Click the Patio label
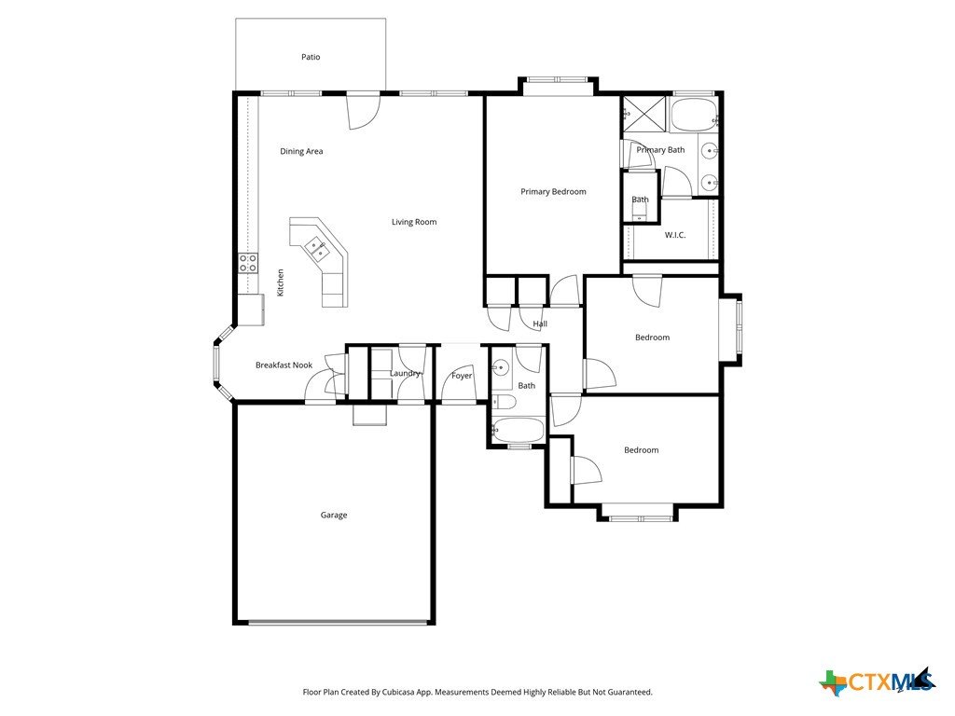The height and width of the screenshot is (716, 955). (311, 57)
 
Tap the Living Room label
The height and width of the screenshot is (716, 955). (414, 222)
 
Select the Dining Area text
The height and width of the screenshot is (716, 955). (301, 152)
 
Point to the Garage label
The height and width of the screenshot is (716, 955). (334, 515)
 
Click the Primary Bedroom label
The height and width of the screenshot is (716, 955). (554, 192)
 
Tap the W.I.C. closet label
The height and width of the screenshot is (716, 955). (675, 235)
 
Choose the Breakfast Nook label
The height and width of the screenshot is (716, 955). (284, 365)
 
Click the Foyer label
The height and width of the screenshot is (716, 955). (462, 377)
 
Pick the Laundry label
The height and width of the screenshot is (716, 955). (405, 373)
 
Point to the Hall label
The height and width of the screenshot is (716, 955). (540, 324)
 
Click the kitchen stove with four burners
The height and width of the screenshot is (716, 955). (248, 263)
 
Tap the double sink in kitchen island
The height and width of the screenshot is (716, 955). (317, 248)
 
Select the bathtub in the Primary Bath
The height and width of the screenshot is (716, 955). (693, 115)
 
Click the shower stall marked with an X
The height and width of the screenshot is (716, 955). (644, 114)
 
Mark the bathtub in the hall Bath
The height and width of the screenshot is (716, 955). (518, 430)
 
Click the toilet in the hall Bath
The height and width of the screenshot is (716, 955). (504, 402)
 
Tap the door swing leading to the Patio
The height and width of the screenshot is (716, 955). (364, 111)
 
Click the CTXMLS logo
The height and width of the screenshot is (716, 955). (877, 682)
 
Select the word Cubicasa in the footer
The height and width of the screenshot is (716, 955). (399, 693)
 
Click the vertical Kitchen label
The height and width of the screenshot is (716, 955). (281, 283)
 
